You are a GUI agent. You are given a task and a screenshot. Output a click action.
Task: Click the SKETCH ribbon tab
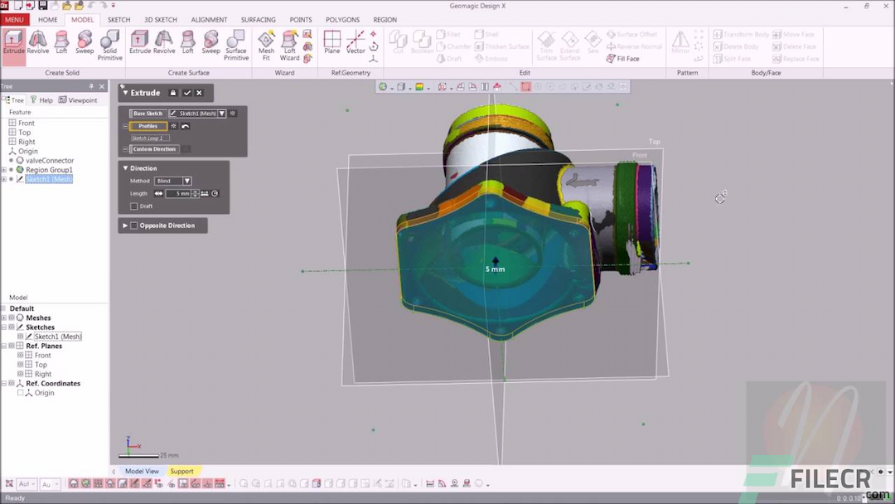(x=119, y=19)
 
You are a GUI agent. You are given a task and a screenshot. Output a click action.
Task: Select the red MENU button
(x=15, y=19)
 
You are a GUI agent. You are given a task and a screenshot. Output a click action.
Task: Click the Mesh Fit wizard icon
(x=266, y=45)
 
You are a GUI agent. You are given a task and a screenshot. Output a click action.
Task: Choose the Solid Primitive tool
(x=109, y=45)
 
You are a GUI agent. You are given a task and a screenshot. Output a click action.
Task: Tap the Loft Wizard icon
(x=289, y=45)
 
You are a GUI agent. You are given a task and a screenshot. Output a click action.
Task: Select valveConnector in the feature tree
(x=49, y=161)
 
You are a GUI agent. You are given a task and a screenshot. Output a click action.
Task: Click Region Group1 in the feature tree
(x=49, y=170)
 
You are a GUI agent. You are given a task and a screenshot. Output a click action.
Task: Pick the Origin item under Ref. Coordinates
(x=44, y=393)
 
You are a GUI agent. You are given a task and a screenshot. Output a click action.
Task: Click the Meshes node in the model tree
(x=38, y=317)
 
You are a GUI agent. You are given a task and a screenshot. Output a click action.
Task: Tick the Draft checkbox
(x=134, y=206)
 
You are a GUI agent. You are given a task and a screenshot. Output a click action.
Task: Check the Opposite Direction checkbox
(x=134, y=225)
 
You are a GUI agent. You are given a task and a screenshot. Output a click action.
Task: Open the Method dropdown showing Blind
(x=173, y=181)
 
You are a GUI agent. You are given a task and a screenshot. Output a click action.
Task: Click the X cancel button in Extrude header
(x=200, y=93)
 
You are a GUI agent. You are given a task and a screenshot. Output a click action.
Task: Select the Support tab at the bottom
(x=181, y=471)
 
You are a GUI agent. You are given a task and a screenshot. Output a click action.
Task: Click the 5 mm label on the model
(x=495, y=269)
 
